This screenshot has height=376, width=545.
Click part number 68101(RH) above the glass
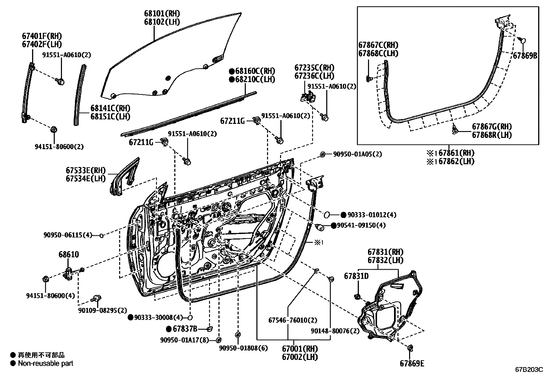click(162, 14)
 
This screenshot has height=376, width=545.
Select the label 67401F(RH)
click(42, 36)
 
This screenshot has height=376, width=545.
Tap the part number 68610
click(68, 255)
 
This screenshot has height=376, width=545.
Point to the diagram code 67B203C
click(529, 370)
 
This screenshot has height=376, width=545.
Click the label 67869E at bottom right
click(412, 363)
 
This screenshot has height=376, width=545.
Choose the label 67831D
click(356, 276)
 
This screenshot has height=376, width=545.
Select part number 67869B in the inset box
click(525, 55)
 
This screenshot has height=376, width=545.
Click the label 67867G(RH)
click(492, 127)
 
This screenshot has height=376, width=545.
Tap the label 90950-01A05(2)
click(357, 154)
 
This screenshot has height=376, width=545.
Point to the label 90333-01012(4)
click(372, 215)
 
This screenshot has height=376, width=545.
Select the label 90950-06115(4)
click(68, 235)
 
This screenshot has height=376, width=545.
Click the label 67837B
click(185, 329)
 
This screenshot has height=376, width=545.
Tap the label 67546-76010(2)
click(293, 321)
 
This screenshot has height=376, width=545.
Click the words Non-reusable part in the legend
click(46, 363)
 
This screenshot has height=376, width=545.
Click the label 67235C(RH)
click(314, 67)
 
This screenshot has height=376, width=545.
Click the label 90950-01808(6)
click(243, 348)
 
